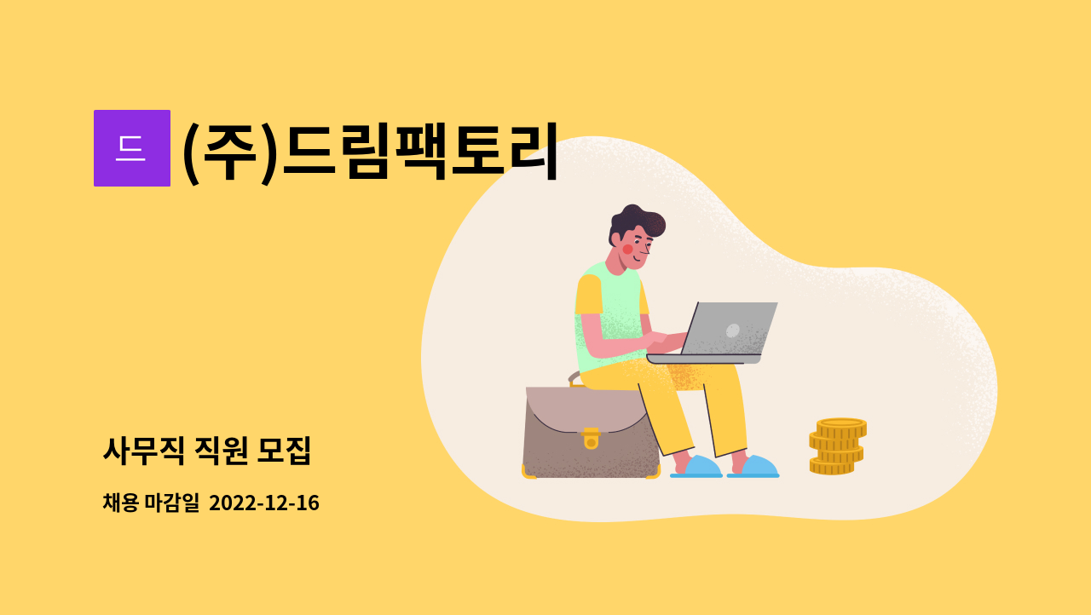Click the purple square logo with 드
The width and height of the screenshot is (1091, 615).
132,148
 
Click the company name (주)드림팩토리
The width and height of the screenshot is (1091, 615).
370,152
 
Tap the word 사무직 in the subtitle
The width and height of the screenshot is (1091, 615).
144,451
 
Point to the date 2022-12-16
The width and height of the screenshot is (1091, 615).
264,503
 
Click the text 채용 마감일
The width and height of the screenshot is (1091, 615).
151,503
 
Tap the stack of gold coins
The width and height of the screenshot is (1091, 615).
838,446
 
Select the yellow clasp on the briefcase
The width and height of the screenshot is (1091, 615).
591,439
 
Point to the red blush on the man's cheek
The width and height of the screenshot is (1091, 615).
628,250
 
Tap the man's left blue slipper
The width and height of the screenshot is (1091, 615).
696,467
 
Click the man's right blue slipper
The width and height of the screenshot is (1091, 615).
754,467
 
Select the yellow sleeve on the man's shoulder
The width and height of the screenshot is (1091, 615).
588,295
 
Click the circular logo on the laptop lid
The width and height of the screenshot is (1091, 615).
732,330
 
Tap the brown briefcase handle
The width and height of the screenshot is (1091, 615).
574,379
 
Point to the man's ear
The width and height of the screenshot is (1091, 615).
616,239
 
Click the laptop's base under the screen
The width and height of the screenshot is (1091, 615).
704,359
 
